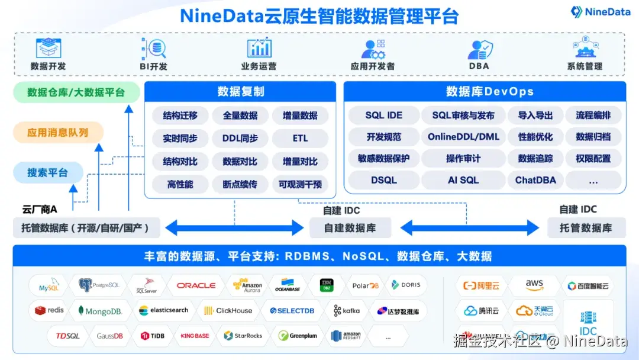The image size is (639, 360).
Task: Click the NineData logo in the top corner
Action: point(600,12)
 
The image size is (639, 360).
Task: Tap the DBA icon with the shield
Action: point(480,49)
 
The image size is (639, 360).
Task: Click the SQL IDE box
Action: point(383,115)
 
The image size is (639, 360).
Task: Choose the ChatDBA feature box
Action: point(535,180)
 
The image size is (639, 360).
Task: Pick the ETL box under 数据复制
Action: point(300,138)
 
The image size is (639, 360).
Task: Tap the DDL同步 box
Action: point(240,138)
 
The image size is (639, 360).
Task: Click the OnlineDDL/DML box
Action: point(463,137)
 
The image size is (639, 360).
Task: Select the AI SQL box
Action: point(463,180)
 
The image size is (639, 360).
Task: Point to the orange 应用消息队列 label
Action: point(58,133)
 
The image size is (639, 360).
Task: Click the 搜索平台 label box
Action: point(47,173)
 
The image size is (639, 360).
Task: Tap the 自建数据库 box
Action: point(350,227)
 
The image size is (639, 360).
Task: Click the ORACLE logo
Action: point(196,285)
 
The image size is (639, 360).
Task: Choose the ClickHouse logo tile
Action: point(228,311)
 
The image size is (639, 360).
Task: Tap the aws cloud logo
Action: point(534,285)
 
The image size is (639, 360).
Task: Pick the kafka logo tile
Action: point(347,311)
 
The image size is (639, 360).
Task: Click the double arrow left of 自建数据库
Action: point(234,227)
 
